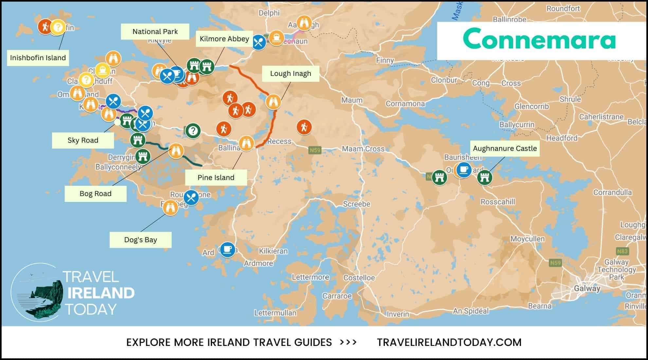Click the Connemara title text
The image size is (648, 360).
pos(539,39)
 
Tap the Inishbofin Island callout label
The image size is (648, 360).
pos(38,58)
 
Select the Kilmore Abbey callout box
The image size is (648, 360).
pos(224,39)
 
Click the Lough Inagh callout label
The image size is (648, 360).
pos(290,74)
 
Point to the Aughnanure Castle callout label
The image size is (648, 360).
pos(505,149)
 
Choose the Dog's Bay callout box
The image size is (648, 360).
pos(140,240)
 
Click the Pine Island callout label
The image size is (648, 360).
pos(216,178)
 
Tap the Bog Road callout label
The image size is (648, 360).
pos(96,194)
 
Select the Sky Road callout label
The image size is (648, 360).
pos(83,140)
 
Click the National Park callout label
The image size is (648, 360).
pos(155,32)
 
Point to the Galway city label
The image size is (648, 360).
pos(587,288)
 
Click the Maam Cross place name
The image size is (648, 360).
pos(363,149)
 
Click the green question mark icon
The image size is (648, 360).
pos(193,131)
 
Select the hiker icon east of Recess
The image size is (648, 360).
pos(304,127)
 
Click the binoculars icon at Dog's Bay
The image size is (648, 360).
pos(170,207)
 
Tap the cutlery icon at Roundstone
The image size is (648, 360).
pos(191,198)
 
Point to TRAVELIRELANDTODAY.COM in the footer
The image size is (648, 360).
pos(449,342)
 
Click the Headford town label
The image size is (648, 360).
pos(562,138)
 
